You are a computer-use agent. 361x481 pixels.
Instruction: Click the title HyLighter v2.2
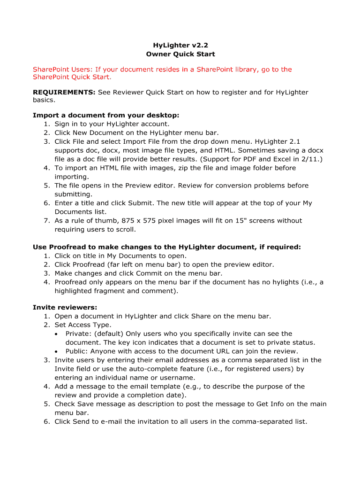[x=180, y=46]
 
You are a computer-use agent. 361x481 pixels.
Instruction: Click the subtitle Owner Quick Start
[x=180, y=54]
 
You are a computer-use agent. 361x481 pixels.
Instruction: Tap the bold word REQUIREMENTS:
[x=64, y=93]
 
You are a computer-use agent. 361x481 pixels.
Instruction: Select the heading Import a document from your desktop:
[x=106, y=115]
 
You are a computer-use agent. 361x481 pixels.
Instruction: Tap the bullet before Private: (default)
[x=56, y=334]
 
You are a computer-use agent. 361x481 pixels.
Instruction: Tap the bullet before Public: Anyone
[x=56, y=351]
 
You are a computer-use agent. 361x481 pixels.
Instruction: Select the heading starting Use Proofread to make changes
[x=166, y=247]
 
